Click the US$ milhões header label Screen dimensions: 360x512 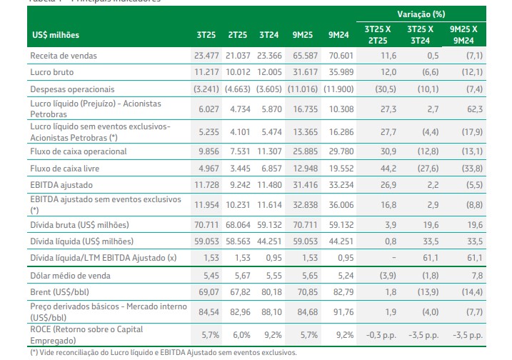(56, 34)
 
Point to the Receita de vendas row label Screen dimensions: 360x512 (64, 56)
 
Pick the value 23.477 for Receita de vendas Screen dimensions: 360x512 (207, 56)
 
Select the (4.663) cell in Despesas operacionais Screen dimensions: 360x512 (238, 89)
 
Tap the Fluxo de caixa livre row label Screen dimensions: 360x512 (69, 169)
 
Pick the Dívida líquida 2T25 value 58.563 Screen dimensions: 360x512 (238, 241)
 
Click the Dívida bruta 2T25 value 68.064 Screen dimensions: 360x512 (238, 225)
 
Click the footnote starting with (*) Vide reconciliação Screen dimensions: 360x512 (163, 352)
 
